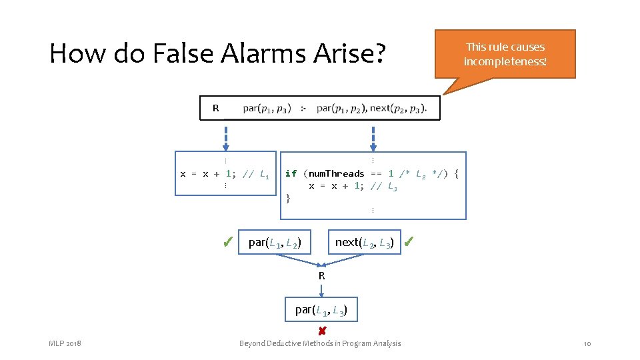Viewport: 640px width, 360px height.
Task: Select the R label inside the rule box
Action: point(215,108)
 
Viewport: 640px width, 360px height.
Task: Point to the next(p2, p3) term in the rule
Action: point(398,108)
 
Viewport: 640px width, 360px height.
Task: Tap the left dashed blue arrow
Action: point(226,138)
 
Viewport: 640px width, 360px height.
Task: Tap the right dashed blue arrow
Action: point(373,138)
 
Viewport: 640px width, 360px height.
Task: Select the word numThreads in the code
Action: point(336,174)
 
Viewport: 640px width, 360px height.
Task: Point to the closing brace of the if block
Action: point(288,198)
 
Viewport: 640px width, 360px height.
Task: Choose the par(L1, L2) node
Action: point(275,243)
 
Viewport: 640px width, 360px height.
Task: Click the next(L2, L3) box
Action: point(364,243)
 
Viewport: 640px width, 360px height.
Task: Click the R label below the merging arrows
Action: point(321,275)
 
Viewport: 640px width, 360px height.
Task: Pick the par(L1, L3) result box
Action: point(321,309)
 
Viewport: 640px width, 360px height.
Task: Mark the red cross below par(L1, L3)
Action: point(321,331)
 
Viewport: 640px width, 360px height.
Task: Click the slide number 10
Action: point(587,343)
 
